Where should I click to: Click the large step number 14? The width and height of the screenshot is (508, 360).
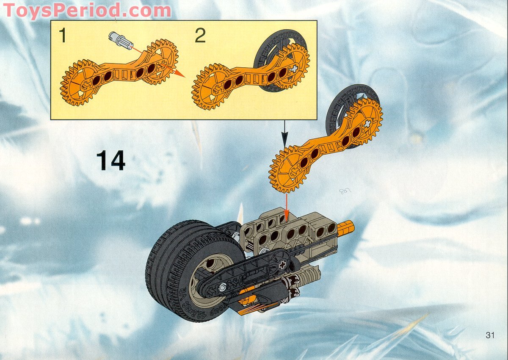tap(111, 161)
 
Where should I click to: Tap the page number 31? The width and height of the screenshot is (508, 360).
tap(490, 335)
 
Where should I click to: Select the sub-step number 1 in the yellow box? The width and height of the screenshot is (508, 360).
tap(63, 36)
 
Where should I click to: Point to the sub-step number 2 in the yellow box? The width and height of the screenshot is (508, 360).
tap(200, 36)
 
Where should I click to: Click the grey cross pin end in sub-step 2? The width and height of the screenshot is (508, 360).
tap(295, 68)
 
